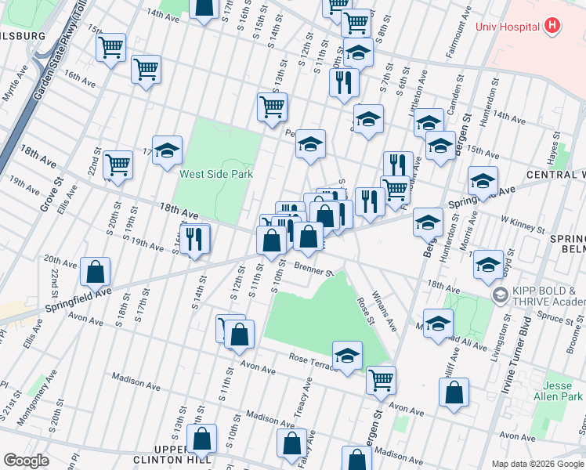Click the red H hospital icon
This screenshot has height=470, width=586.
point(553,26)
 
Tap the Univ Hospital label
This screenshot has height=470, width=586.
point(508,26)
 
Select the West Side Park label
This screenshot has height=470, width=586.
point(216,174)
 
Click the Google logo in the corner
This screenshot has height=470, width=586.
point(26,461)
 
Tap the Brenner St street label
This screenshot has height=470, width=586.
point(314,270)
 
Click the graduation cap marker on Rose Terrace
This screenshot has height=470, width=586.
point(347,354)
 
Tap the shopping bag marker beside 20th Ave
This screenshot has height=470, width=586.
point(95,272)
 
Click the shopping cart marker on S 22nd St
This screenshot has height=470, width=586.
point(118,164)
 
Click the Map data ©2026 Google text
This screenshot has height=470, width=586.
point(537,464)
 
